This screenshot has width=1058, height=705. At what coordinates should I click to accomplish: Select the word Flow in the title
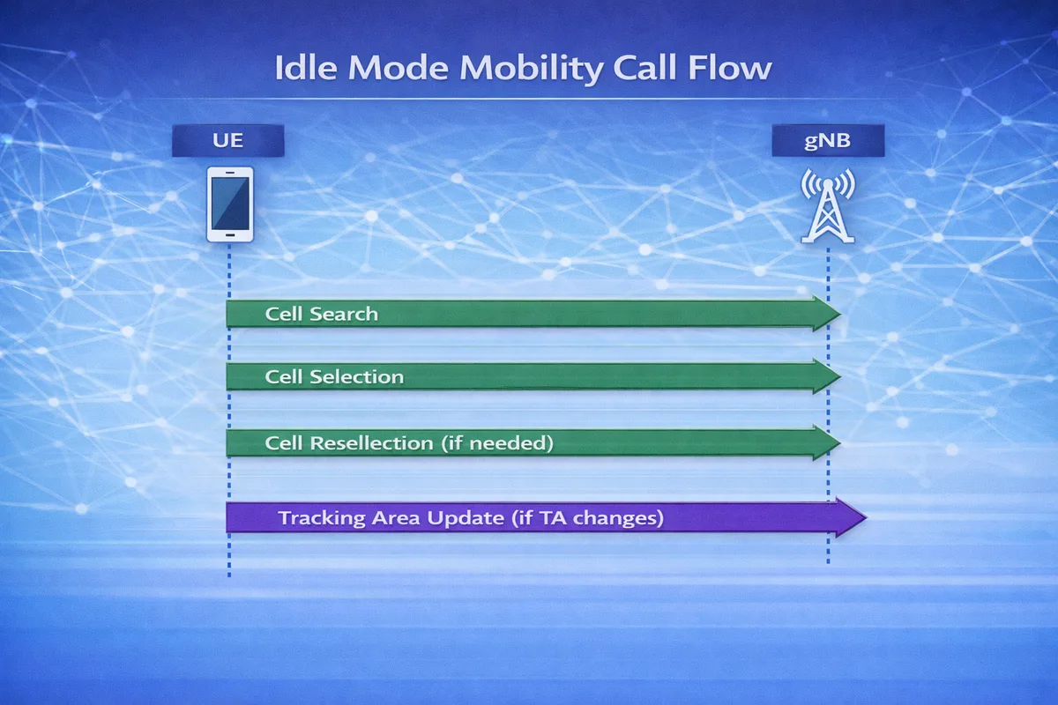[x=732, y=70]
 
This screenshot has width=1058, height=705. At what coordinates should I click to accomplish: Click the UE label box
[x=227, y=141]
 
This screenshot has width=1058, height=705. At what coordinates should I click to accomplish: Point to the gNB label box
[x=827, y=141]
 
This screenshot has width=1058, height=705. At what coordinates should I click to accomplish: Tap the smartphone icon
[x=229, y=204]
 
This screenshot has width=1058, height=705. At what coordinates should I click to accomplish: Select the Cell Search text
[x=321, y=314]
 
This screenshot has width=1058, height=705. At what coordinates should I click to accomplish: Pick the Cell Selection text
[x=334, y=377]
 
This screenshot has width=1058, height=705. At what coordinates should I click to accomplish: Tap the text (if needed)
[x=496, y=442]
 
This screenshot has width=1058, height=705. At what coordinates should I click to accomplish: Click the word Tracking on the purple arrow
[x=321, y=518]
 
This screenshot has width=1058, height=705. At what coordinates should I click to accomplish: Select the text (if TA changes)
[x=585, y=518]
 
